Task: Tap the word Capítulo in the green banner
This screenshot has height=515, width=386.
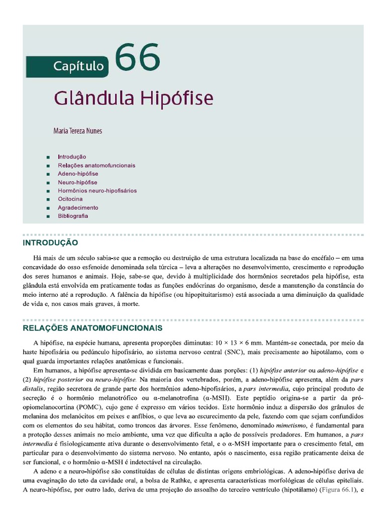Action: click(79, 66)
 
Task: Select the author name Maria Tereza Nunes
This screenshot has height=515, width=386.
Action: click(77, 131)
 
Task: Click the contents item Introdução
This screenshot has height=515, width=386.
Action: click(72, 157)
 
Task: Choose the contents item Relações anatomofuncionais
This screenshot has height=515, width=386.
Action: click(96, 165)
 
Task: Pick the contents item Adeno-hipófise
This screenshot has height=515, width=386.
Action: click(77, 174)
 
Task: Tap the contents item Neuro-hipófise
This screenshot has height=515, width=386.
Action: click(77, 182)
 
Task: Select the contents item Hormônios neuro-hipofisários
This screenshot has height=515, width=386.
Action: click(97, 191)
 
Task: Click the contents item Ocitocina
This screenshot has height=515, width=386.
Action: click(70, 199)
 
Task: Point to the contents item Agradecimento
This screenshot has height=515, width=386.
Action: click(78, 208)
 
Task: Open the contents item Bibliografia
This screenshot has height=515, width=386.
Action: click(73, 216)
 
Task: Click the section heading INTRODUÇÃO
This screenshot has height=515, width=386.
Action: click(50, 243)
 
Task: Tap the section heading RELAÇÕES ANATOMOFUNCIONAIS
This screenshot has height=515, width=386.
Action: click(92, 328)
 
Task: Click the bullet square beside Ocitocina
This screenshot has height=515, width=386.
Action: click(48, 200)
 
